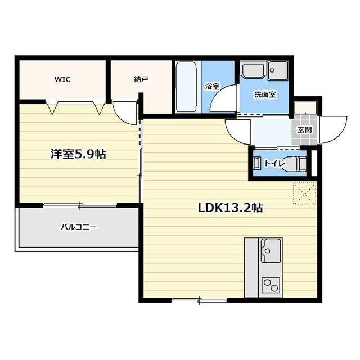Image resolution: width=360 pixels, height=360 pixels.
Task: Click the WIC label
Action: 62,79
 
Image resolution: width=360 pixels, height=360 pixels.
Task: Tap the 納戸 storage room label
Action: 141,79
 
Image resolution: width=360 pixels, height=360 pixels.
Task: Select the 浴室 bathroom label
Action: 212,87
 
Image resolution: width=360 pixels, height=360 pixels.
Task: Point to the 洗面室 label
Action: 265,94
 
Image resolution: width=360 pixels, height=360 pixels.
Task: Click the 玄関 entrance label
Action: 305,130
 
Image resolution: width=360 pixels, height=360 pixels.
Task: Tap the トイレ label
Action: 274,164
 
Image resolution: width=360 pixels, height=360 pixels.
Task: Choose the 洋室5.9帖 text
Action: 78,154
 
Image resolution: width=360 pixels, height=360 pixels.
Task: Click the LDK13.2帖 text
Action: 230,208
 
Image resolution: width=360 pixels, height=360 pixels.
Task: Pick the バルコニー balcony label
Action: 79,227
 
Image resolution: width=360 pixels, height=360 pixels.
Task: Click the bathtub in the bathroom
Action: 186,87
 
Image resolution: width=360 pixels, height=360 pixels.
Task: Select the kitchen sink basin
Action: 271,251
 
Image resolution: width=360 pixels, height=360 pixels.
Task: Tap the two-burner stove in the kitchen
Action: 271,285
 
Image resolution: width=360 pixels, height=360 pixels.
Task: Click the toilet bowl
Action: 294,164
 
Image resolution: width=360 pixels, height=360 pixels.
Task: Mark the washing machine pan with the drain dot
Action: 278,70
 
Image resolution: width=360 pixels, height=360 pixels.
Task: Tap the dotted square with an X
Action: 305,193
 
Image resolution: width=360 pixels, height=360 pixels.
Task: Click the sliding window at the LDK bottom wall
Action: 199,300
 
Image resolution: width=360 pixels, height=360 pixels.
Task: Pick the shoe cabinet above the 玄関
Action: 306,107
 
